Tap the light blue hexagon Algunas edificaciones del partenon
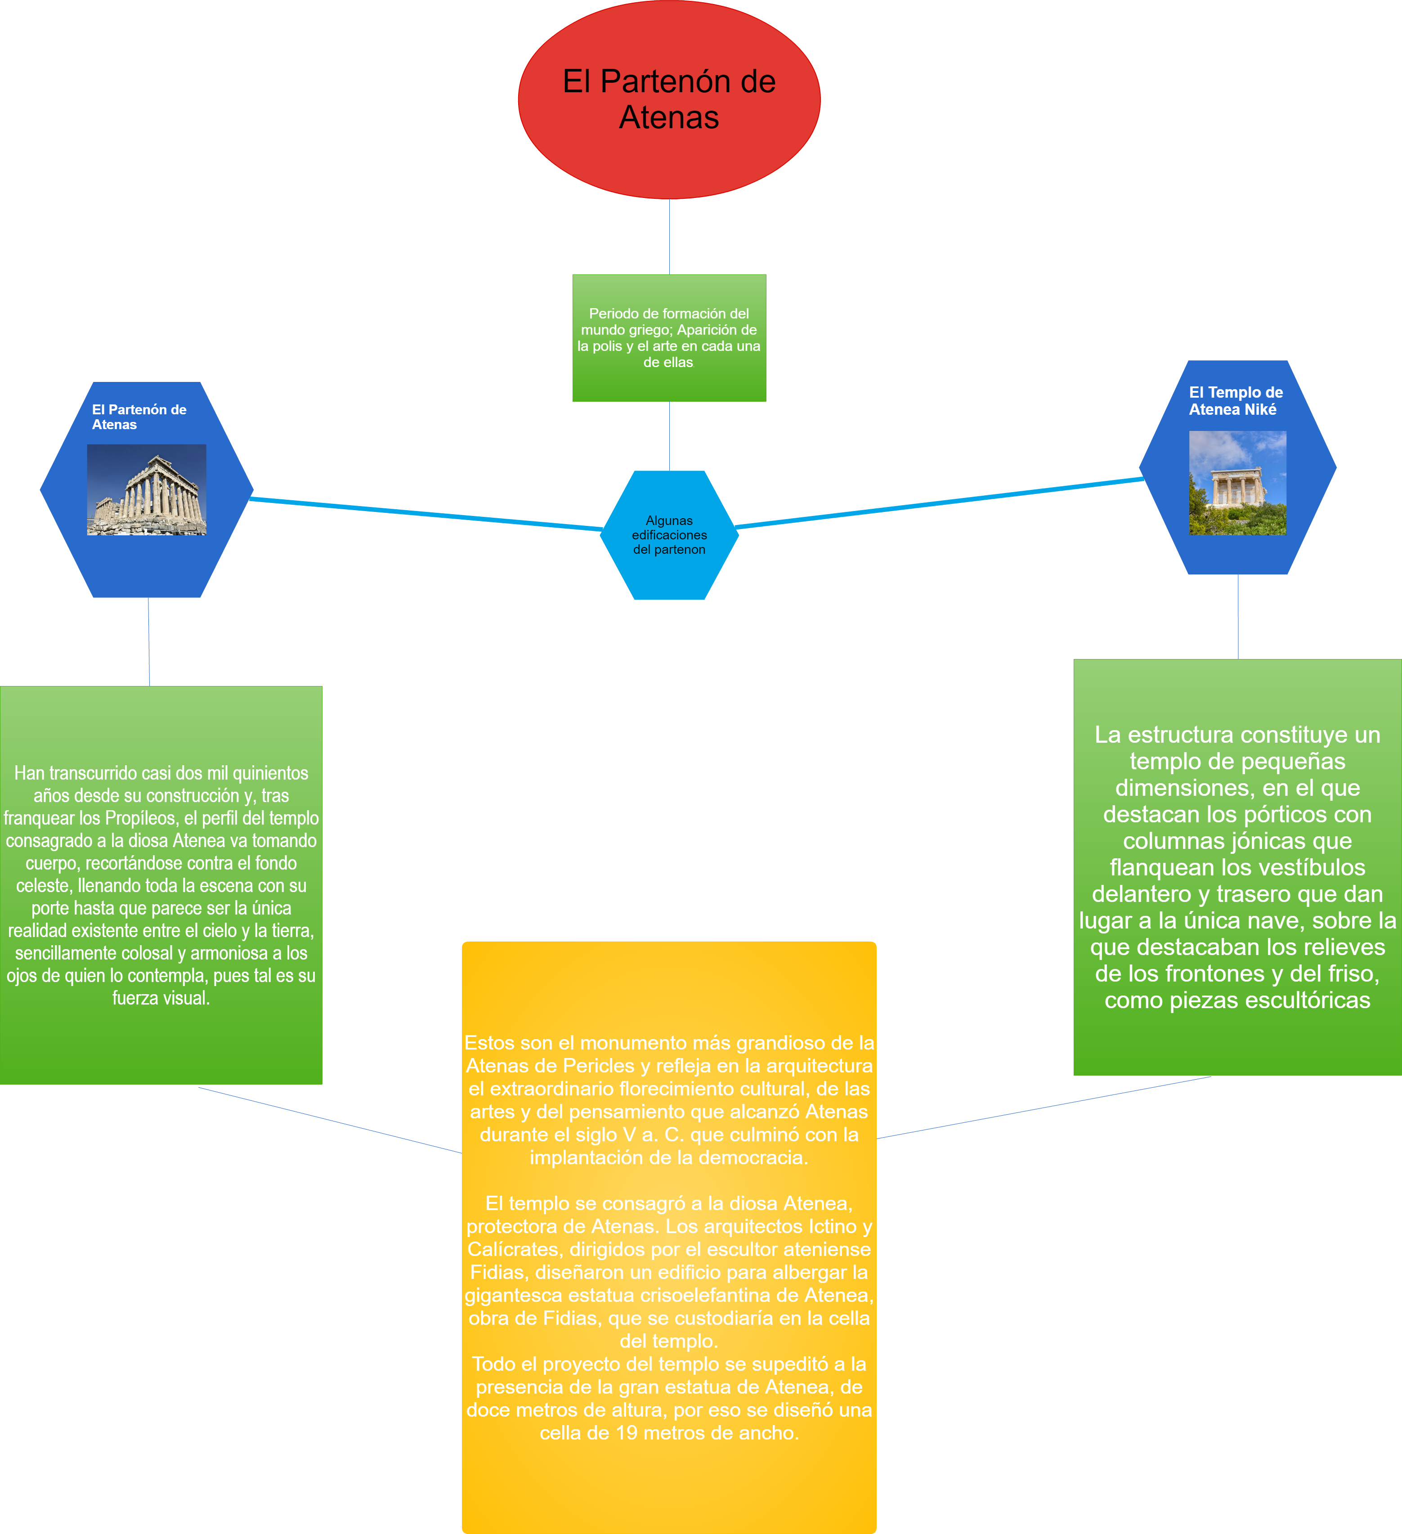pyautogui.click(x=669, y=535)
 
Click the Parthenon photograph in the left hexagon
pyautogui.click(x=146, y=489)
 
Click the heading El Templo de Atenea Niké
pyautogui.click(x=1236, y=401)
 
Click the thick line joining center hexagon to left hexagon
pyautogui.click(x=426, y=514)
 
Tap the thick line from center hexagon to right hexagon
pyautogui.click(x=940, y=503)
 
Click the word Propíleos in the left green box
pyautogui.click(x=141, y=818)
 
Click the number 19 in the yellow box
pyautogui.click(x=627, y=1433)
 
